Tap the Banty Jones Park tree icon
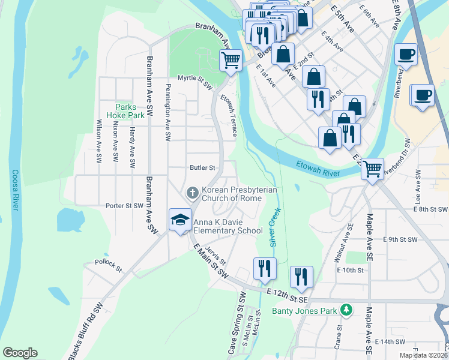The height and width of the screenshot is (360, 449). [345, 310]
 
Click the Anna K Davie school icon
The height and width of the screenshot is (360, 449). [179, 220]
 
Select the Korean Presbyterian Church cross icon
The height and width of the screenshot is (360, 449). [192, 193]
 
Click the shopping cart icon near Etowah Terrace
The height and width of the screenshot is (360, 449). [231, 60]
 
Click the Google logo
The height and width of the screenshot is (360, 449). [20, 353]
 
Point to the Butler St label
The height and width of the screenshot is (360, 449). [202, 167]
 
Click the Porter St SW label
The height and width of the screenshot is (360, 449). [124, 205]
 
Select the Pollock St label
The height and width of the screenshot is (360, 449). [108, 262]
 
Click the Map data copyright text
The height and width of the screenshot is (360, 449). [421, 355]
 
